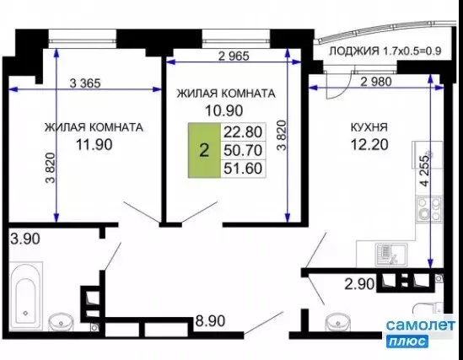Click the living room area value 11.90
point(93,144)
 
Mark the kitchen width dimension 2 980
point(376,83)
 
